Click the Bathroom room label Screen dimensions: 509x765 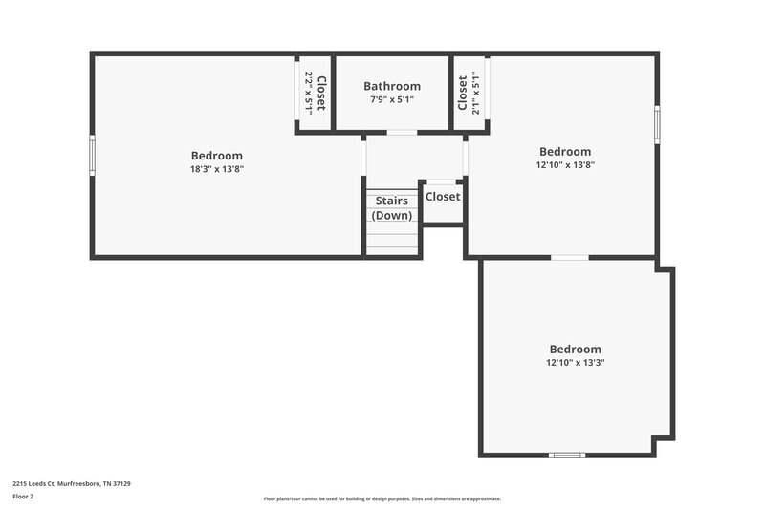coord(391,86)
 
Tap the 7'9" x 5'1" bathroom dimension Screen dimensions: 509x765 coord(391,99)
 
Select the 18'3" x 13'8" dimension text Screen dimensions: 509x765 coord(217,169)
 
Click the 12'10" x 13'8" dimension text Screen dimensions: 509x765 coord(565,165)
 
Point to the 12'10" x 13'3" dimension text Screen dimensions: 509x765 coord(575,363)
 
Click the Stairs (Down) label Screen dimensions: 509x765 coord(392,208)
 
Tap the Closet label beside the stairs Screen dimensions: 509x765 coord(443,197)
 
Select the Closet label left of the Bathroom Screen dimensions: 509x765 coord(321,94)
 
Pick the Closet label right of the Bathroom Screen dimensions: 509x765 coord(462,93)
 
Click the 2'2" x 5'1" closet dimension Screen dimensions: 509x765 coord(308,93)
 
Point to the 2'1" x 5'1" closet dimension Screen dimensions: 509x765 coord(475,93)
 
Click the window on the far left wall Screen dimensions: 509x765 coord(93,155)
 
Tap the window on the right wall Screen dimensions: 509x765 coord(657,124)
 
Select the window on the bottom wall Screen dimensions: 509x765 coord(566,455)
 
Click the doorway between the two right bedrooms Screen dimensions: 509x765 coord(570,257)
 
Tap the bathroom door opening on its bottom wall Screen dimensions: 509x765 coord(402,132)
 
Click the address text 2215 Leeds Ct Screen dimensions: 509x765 coord(72,483)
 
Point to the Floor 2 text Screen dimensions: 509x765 coord(23,497)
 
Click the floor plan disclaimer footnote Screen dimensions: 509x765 coord(382,498)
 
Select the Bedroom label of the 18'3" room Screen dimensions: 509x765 coord(217,156)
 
